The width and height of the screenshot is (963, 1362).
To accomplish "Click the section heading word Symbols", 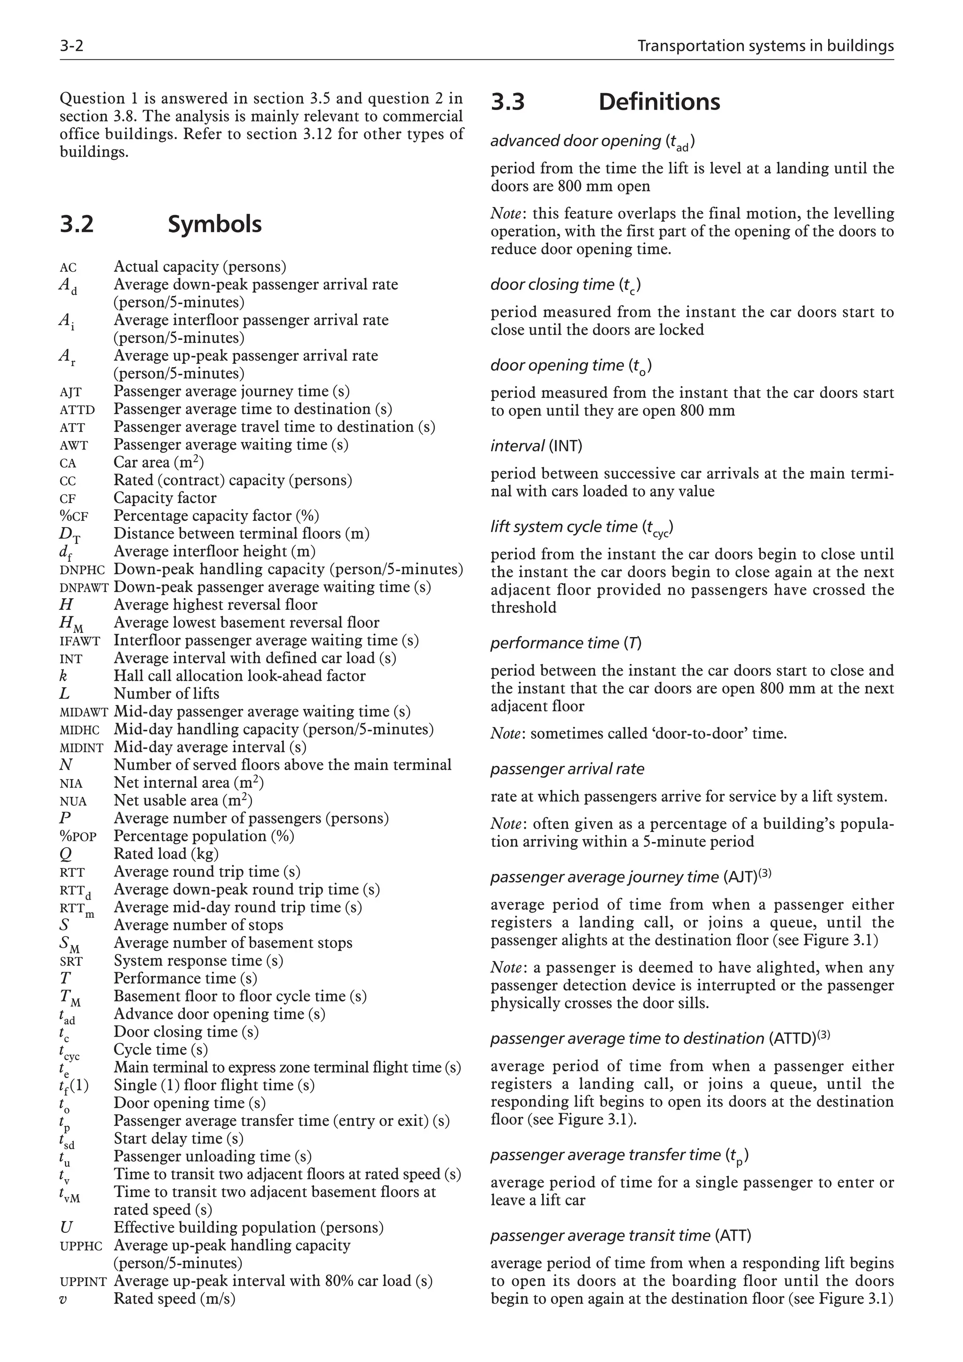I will click(x=214, y=224).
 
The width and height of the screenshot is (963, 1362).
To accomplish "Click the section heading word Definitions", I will click(x=659, y=102).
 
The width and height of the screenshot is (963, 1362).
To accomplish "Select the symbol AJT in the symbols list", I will click(x=70, y=392).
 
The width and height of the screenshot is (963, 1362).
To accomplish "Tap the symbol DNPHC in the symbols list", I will click(x=82, y=570).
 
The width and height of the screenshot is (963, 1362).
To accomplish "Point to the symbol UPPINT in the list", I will click(x=83, y=1282).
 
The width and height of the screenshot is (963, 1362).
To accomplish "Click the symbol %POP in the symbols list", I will click(x=78, y=837).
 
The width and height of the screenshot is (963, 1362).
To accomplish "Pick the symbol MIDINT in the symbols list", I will click(x=81, y=748).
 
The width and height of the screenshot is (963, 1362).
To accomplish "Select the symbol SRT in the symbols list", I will click(x=71, y=961).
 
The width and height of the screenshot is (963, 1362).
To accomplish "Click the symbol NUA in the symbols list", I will click(x=73, y=802).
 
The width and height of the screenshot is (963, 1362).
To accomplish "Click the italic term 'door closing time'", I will click(x=552, y=285).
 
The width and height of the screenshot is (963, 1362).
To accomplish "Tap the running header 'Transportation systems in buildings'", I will click(x=765, y=46).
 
